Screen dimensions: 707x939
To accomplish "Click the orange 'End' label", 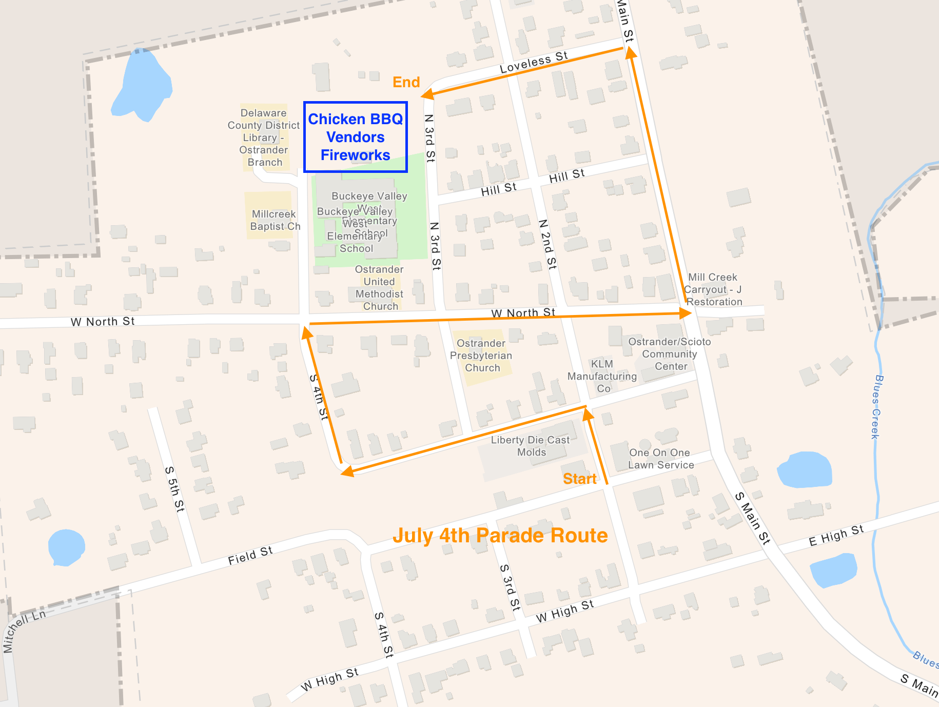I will pos(406,82).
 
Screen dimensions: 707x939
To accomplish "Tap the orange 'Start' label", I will pos(579,479).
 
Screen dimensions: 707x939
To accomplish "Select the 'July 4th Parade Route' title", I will pos(500,536).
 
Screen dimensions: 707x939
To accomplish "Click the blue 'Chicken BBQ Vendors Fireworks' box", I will pos(356,137).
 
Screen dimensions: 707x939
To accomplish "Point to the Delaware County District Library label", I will pos(264,138).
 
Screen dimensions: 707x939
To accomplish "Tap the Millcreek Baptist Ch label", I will pos(275,220).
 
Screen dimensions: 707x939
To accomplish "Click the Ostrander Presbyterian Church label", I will pos(481,356).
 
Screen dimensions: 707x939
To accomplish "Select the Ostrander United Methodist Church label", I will pos(380,288).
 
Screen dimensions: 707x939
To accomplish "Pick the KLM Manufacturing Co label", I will pos(602,376).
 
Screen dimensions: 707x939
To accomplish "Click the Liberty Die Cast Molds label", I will pos(531,446).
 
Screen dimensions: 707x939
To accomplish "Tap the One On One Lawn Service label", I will pos(661,459).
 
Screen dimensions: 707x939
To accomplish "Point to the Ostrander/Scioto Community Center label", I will pos(670,354).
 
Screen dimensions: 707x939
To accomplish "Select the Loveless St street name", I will pos(534,62).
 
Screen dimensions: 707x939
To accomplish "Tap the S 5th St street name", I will pos(174,488).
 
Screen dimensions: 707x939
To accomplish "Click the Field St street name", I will pos(250,555).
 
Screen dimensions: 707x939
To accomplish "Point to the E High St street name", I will pos(836,535).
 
